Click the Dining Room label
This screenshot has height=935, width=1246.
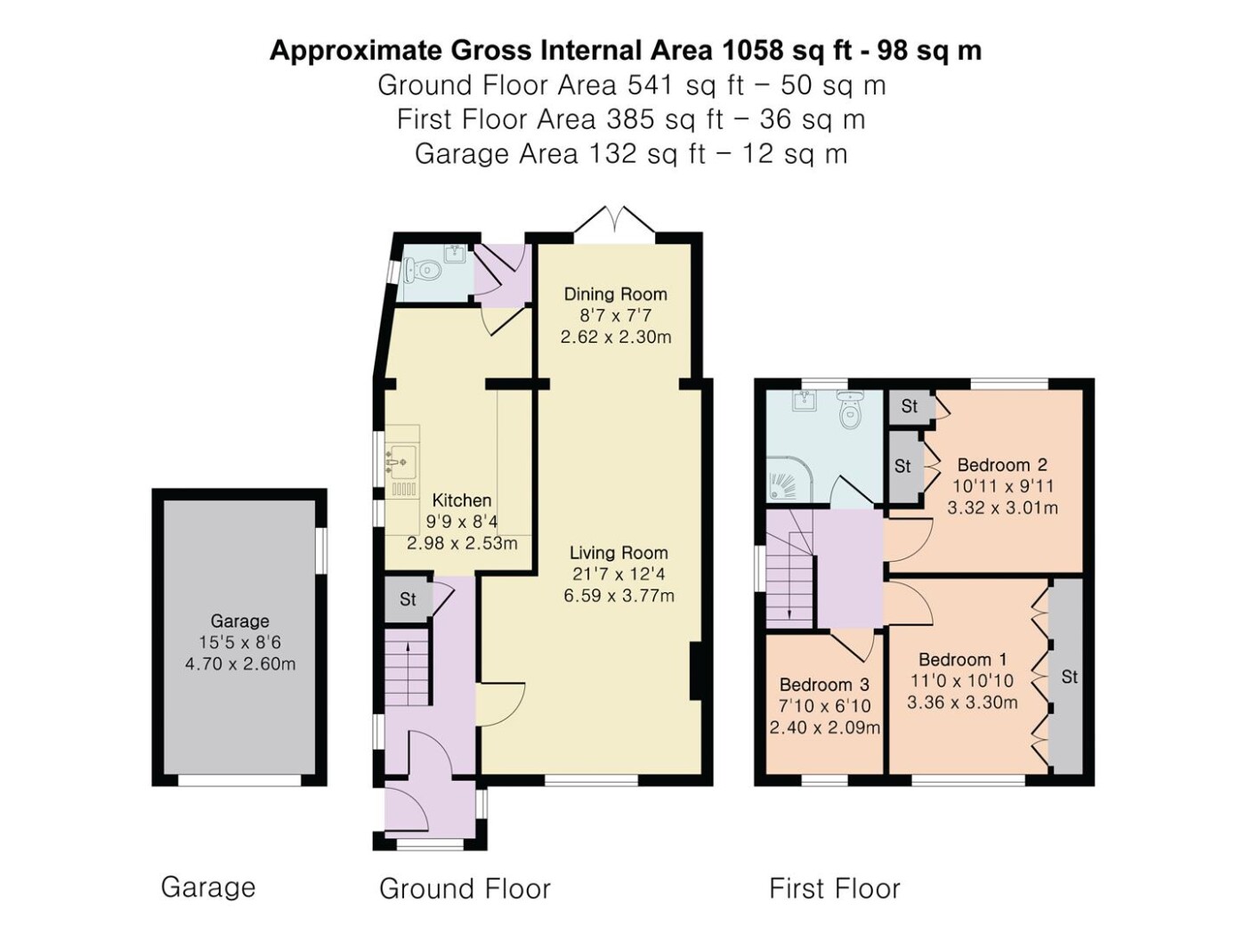click(x=615, y=294)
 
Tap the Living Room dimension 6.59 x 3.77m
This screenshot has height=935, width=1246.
click(x=619, y=596)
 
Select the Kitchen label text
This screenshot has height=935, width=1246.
click(x=462, y=500)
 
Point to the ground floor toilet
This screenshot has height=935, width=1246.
click(x=422, y=271)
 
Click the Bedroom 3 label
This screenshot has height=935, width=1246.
click(x=824, y=685)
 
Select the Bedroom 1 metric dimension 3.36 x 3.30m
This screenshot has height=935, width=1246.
click(x=962, y=703)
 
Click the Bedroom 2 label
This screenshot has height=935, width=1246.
click(x=1002, y=465)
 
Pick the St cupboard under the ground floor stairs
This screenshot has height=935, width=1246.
click(x=408, y=599)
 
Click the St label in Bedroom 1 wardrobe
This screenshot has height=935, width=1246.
click(x=1070, y=677)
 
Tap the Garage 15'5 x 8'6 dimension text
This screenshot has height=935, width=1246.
click(x=239, y=642)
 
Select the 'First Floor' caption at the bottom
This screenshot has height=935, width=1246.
click(x=835, y=889)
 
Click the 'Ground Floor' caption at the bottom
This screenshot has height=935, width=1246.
click(x=465, y=889)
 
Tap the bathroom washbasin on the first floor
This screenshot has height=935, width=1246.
click(x=805, y=401)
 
